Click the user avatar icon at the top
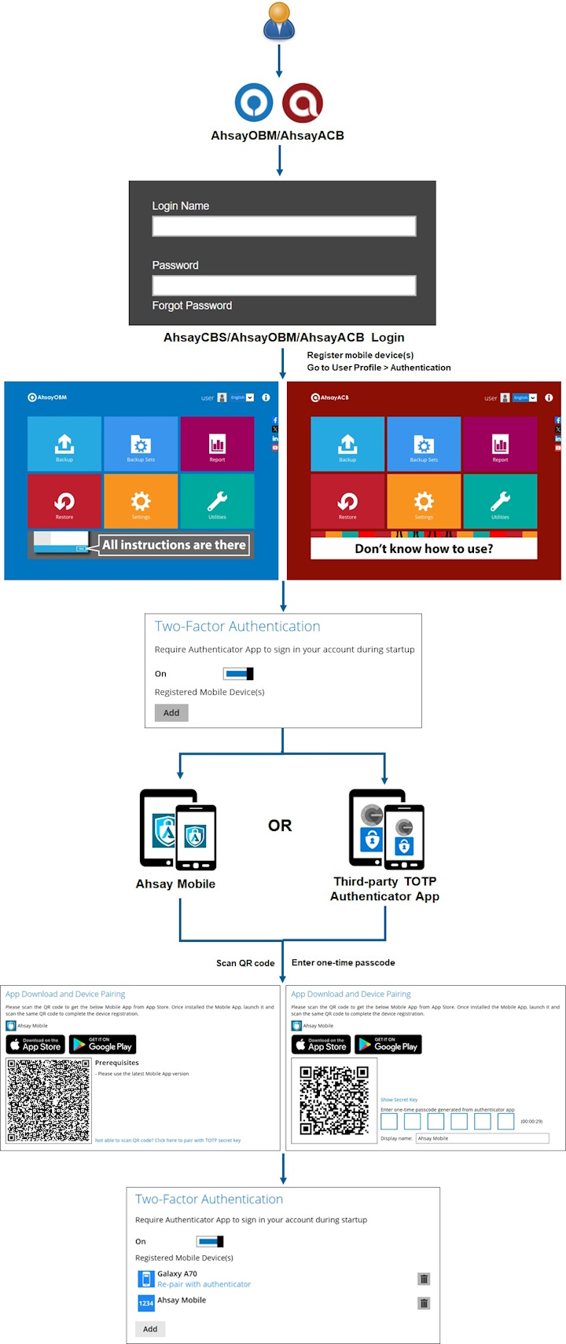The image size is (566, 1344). [x=279, y=22]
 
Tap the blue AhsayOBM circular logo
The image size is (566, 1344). [x=254, y=103]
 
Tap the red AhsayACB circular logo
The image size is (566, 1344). [x=303, y=103]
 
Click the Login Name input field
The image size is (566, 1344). [x=284, y=226]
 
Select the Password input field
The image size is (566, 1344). [x=284, y=285]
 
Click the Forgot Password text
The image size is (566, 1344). [x=192, y=306]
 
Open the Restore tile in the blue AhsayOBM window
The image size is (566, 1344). [x=64, y=501]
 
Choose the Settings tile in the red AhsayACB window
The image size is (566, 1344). [x=424, y=501]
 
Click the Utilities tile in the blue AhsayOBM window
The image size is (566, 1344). [x=217, y=501]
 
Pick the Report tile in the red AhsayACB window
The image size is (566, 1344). [x=500, y=444]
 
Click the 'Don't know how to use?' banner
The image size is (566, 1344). [x=424, y=548]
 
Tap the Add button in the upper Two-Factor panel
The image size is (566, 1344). [x=171, y=712]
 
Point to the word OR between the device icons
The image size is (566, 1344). [x=280, y=826]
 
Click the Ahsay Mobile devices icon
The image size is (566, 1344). [x=178, y=829]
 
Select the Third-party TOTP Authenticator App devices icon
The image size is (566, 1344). [x=386, y=829]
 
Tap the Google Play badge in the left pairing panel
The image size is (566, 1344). [x=102, y=1044]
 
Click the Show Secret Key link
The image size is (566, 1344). [x=399, y=1100]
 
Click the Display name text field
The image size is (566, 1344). [x=481, y=1138]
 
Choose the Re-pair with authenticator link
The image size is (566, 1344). [x=204, y=1284]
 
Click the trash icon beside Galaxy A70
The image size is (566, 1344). [x=424, y=1279]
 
